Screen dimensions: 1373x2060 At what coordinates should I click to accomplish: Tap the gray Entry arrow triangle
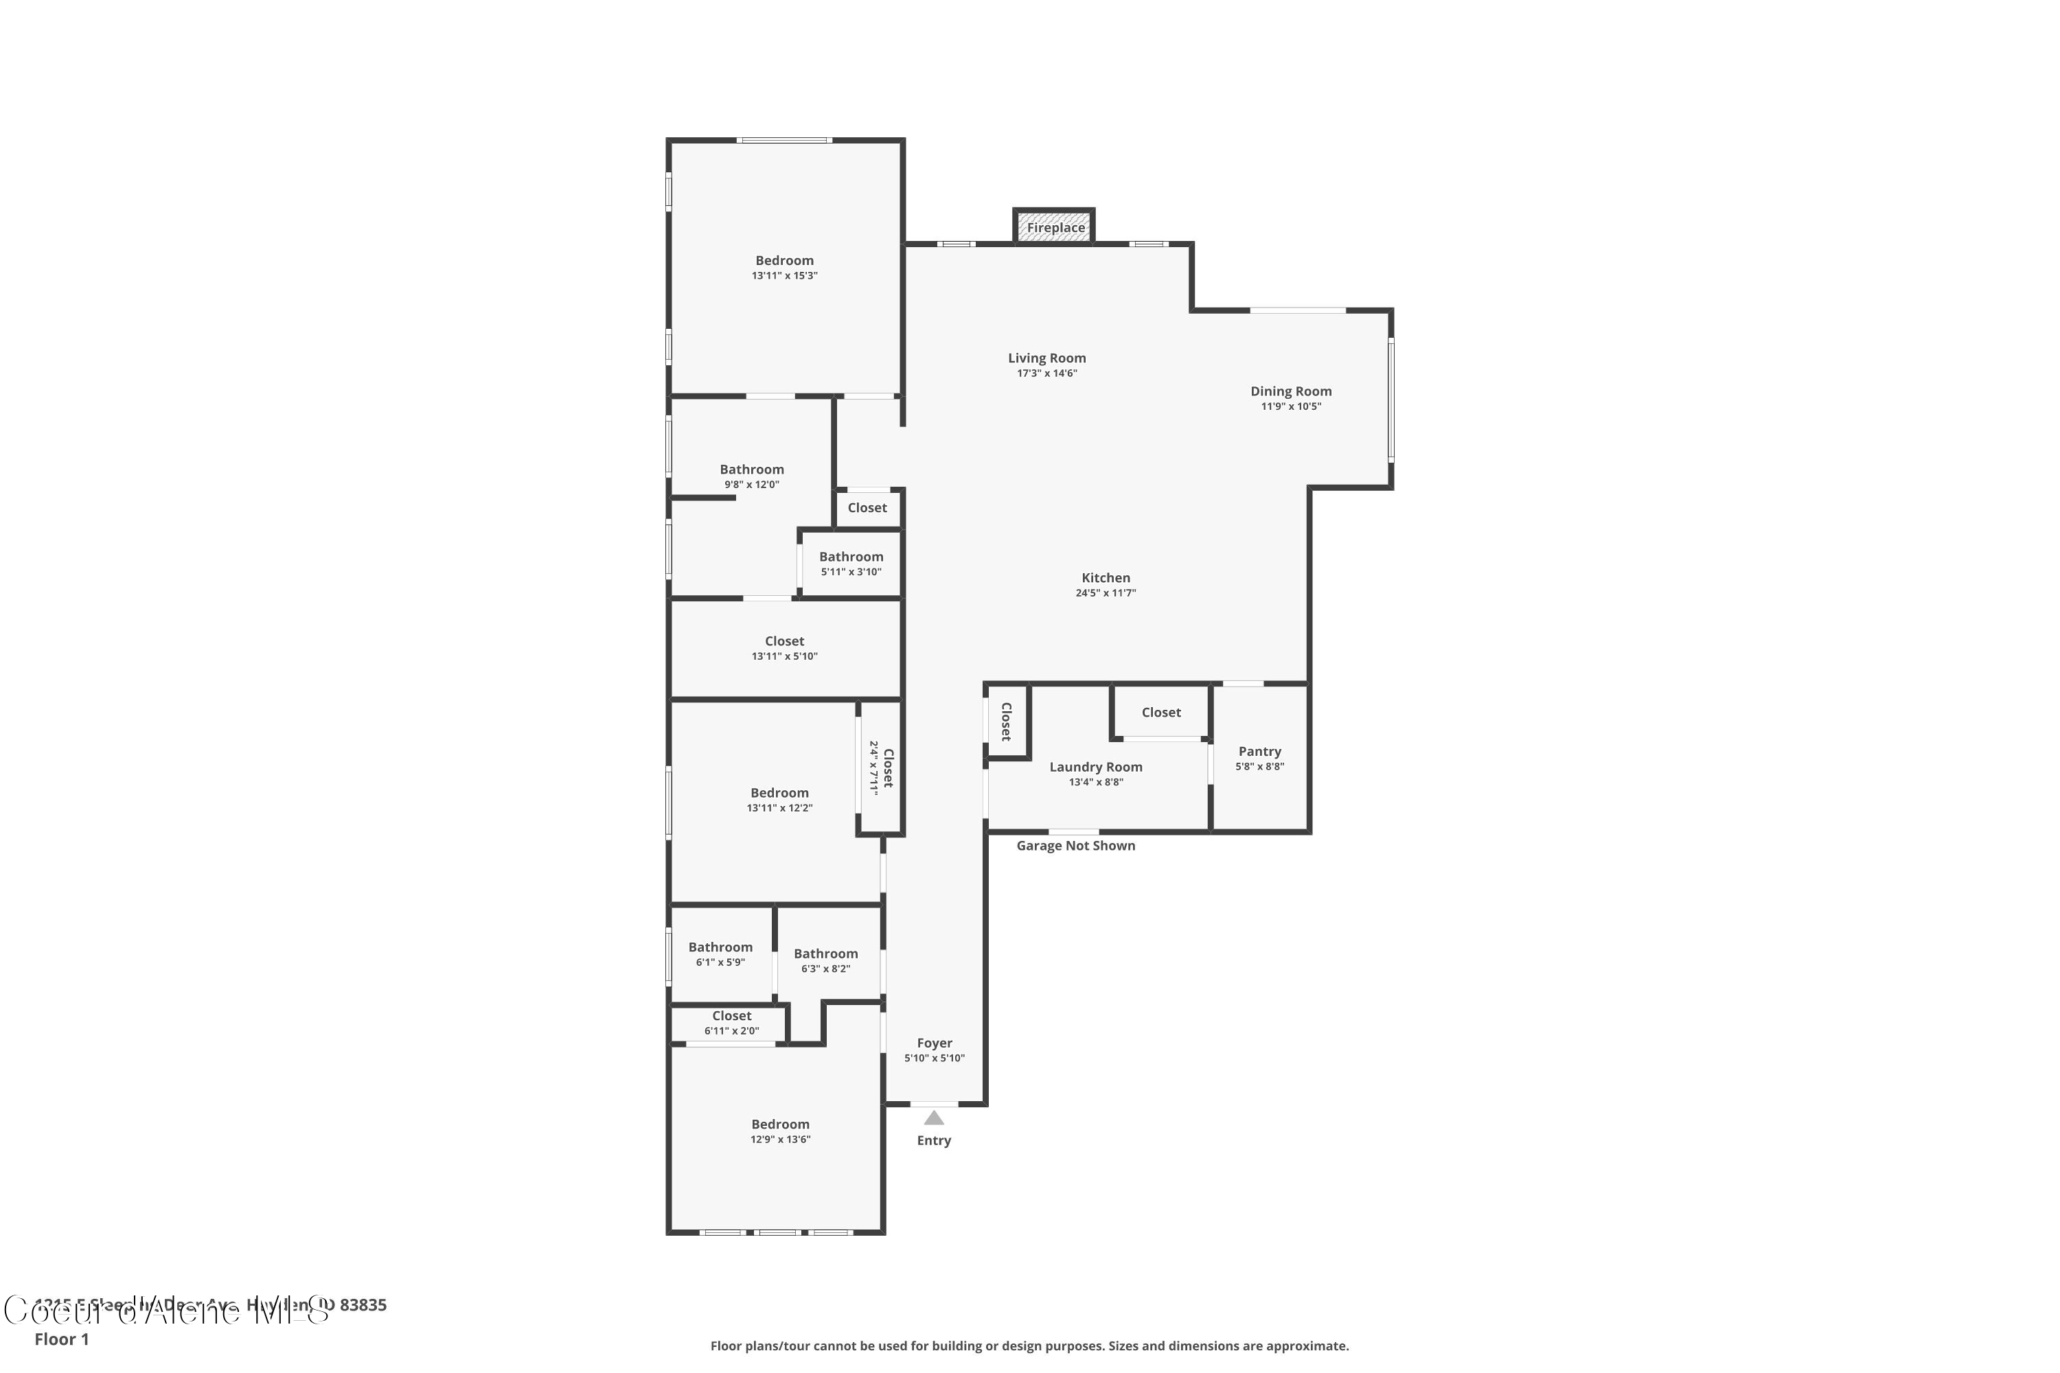[x=934, y=1118]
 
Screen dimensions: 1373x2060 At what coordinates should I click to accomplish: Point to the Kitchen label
[x=1106, y=578]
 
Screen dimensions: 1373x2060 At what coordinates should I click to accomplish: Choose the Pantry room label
[x=1259, y=751]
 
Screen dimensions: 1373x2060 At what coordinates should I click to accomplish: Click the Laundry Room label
[x=1096, y=767]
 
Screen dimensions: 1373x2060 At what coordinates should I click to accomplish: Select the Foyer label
[x=935, y=1043]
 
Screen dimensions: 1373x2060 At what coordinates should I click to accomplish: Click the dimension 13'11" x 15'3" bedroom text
[x=784, y=276]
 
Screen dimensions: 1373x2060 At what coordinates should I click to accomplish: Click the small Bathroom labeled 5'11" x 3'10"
[x=851, y=557]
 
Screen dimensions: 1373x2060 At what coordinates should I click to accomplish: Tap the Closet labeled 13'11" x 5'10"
[x=784, y=641]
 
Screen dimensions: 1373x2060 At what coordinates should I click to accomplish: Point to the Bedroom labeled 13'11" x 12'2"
[x=779, y=794]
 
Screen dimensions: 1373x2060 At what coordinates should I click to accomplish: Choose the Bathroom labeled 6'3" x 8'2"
[x=825, y=954]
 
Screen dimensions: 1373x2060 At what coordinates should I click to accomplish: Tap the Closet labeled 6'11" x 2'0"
[x=731, y=1017]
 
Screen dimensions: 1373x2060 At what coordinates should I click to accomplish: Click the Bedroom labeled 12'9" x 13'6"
[x=779, y=1124]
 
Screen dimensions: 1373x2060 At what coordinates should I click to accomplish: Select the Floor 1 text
[x=61, y=1339]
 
